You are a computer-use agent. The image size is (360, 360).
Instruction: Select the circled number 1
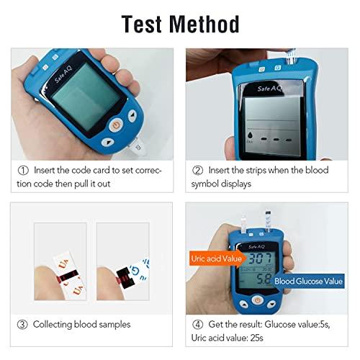tap(23, 171)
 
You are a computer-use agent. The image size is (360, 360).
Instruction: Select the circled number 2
tap(197, 171)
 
